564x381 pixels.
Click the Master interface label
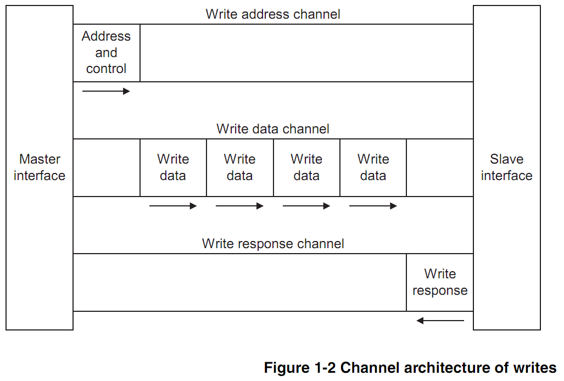[x=40, y=167]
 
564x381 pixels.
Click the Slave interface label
[x=506, y=167]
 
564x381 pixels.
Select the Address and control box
[x=107, y=53]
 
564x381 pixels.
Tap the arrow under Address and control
[x=106, y=91]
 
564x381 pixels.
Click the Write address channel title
[x=273, y=14]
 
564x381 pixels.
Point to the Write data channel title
[x=273, y=129]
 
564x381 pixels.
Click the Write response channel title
[x=273, y=244]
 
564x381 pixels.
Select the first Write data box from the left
[x=173, y=167]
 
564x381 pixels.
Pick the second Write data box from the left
[x=239, y=167]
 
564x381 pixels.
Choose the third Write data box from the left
[x=306, y=167]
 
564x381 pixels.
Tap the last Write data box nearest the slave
[x=373, y=167]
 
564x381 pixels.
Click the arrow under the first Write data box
[x=173, y=206]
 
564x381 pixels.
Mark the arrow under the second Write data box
[x=239, y=206]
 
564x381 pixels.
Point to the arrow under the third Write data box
[x=306, y=206]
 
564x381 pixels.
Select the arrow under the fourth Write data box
[x=373, y=206]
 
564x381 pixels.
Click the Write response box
[x=440, y=282]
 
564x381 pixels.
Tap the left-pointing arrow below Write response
[x=440, y=321]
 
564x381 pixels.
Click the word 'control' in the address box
[x=106, y=69]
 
